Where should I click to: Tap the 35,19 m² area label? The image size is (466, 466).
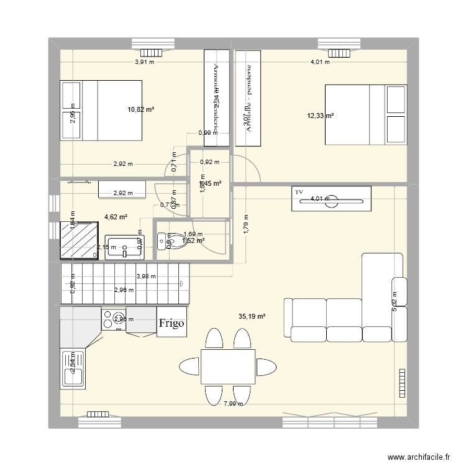pos(252,316)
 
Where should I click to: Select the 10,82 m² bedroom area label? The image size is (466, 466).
pos(141,109)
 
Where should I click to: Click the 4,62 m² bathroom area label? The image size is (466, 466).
pos(115,217)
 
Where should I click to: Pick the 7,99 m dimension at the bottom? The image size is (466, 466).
pos(233,404)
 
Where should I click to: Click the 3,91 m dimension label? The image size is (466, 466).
pos(145,62)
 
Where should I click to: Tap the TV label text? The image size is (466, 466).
pos(299,193)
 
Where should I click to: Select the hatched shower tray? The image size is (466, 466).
pos(78,240)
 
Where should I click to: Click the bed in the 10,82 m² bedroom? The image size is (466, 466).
pos(101,110)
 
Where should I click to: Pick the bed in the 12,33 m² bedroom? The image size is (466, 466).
pos(365,115)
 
